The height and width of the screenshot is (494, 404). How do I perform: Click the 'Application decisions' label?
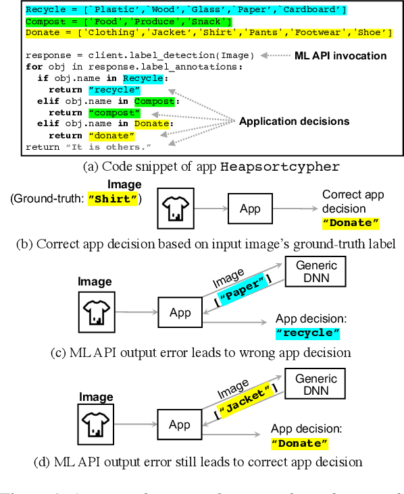click(294, 121)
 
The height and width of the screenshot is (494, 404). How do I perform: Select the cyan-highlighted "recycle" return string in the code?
click(114, 90)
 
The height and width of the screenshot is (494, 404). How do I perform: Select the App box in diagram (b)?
click(250, 209)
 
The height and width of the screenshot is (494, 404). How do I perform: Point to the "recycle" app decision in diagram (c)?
click(308, 333)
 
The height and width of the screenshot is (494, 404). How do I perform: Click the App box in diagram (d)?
click(179, 424)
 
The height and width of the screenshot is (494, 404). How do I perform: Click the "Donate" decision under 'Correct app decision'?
click(351, 223)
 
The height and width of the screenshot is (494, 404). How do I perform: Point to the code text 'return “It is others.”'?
click(89, 146)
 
